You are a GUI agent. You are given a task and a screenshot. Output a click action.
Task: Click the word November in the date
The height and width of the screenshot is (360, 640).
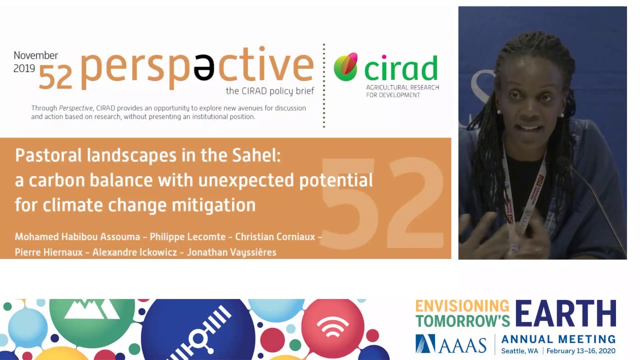35,55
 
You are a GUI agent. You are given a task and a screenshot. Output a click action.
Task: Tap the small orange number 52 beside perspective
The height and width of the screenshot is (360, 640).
55,77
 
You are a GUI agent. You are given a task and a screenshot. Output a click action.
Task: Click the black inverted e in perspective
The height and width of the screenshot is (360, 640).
203,67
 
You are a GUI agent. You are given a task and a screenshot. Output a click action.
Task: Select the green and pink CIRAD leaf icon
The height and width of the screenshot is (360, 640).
345,66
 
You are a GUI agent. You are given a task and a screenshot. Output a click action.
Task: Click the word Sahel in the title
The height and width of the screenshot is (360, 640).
256,155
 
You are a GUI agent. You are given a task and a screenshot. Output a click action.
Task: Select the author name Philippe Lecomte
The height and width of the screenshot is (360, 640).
187,237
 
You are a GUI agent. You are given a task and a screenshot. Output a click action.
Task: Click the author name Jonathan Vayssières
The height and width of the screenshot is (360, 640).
231,252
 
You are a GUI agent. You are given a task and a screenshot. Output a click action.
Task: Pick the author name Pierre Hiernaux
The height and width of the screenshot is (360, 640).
48,252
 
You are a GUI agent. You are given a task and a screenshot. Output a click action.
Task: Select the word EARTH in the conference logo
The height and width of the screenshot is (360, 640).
565,313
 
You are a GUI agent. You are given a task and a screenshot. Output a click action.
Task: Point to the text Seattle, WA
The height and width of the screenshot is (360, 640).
519,351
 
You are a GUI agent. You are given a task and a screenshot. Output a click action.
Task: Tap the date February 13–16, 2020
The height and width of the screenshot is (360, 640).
581,351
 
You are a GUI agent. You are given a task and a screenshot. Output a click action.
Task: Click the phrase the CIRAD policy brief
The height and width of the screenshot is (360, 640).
269,91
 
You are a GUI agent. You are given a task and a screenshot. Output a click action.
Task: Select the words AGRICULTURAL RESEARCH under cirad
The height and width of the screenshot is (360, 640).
402,87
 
